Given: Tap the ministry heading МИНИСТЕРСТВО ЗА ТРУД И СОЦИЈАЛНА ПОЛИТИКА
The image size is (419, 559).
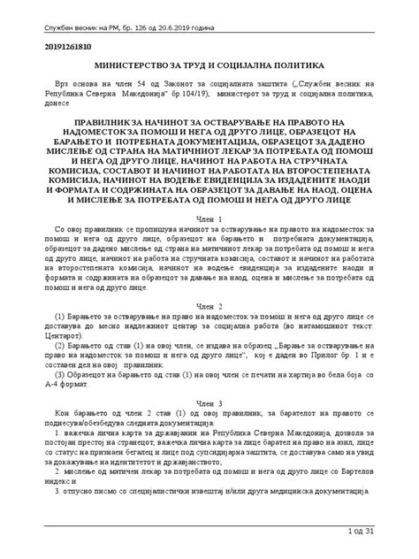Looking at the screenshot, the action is (x=209, y=66).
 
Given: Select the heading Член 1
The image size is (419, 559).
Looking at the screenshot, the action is (x=209, y=218).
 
